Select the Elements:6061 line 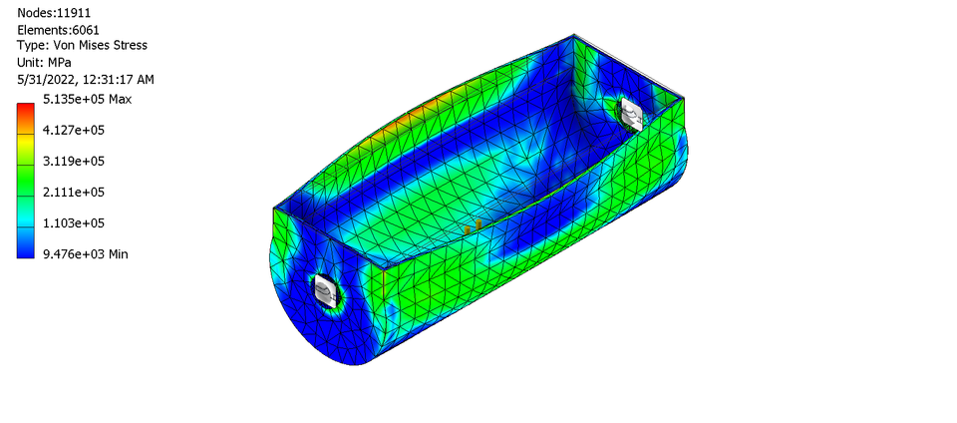point(58,30)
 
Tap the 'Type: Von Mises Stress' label point(83,46)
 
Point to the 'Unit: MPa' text point(49,62)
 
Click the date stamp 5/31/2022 point(45,79)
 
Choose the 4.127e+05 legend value point(74,130)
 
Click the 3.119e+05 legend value point(74,161)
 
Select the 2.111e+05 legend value point(74,192)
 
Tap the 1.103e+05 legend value point(74,222)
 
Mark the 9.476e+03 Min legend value point(85,253)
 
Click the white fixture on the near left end point(326,291)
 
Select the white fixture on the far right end point(631,115)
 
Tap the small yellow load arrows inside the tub point(474,226)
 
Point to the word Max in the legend point(119,99)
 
